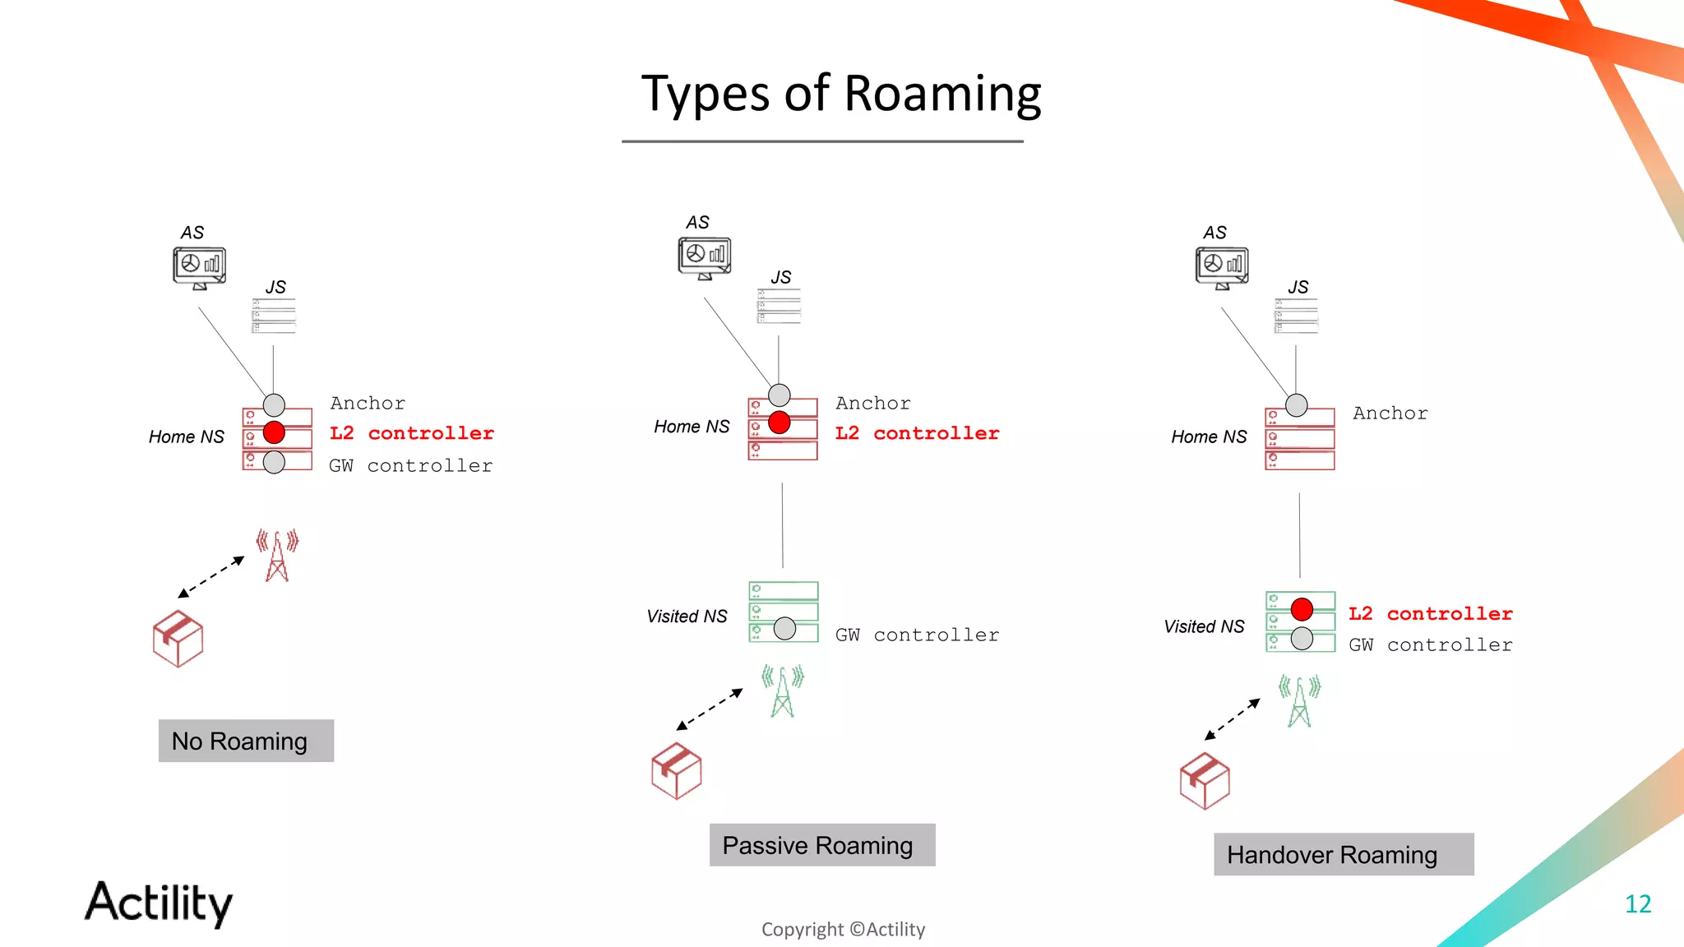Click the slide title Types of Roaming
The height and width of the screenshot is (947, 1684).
(x=840, y=94)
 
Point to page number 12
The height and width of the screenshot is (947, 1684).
(x=1637, y=904)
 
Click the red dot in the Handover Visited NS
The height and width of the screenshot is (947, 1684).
(x=1302, y=609)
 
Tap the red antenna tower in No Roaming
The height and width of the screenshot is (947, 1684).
(x=277, y=556)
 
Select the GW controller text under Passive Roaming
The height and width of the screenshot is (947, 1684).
(x=917, y=635)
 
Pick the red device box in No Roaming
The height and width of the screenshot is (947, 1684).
(x=178, y=639)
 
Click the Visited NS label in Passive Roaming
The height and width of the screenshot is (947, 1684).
(x=687, y=617)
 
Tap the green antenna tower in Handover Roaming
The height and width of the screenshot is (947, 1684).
(x=1299, y=701)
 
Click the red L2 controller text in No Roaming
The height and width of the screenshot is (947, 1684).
(x=411, y=433)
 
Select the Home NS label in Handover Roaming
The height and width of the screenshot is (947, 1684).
(x=1208, y=437)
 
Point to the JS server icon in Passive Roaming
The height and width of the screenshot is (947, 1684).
(x=778, y=306)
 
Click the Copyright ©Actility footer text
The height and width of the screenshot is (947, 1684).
(x=843, y=930)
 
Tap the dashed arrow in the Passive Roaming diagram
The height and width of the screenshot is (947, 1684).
(x=710, y=709)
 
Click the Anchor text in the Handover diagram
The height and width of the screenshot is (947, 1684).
(x=1390, y=413)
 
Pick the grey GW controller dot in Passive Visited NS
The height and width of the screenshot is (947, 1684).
(x=784, y=629)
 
